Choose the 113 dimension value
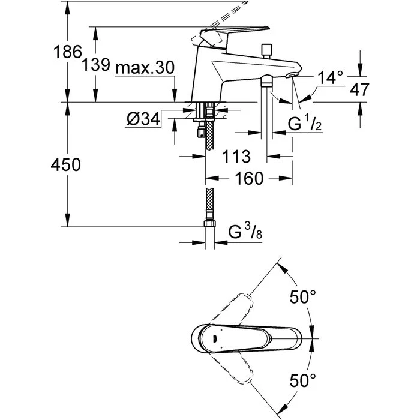pos(236,157)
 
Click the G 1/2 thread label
pos(307,125)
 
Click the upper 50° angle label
pos(304,297)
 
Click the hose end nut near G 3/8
pos(209,224)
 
